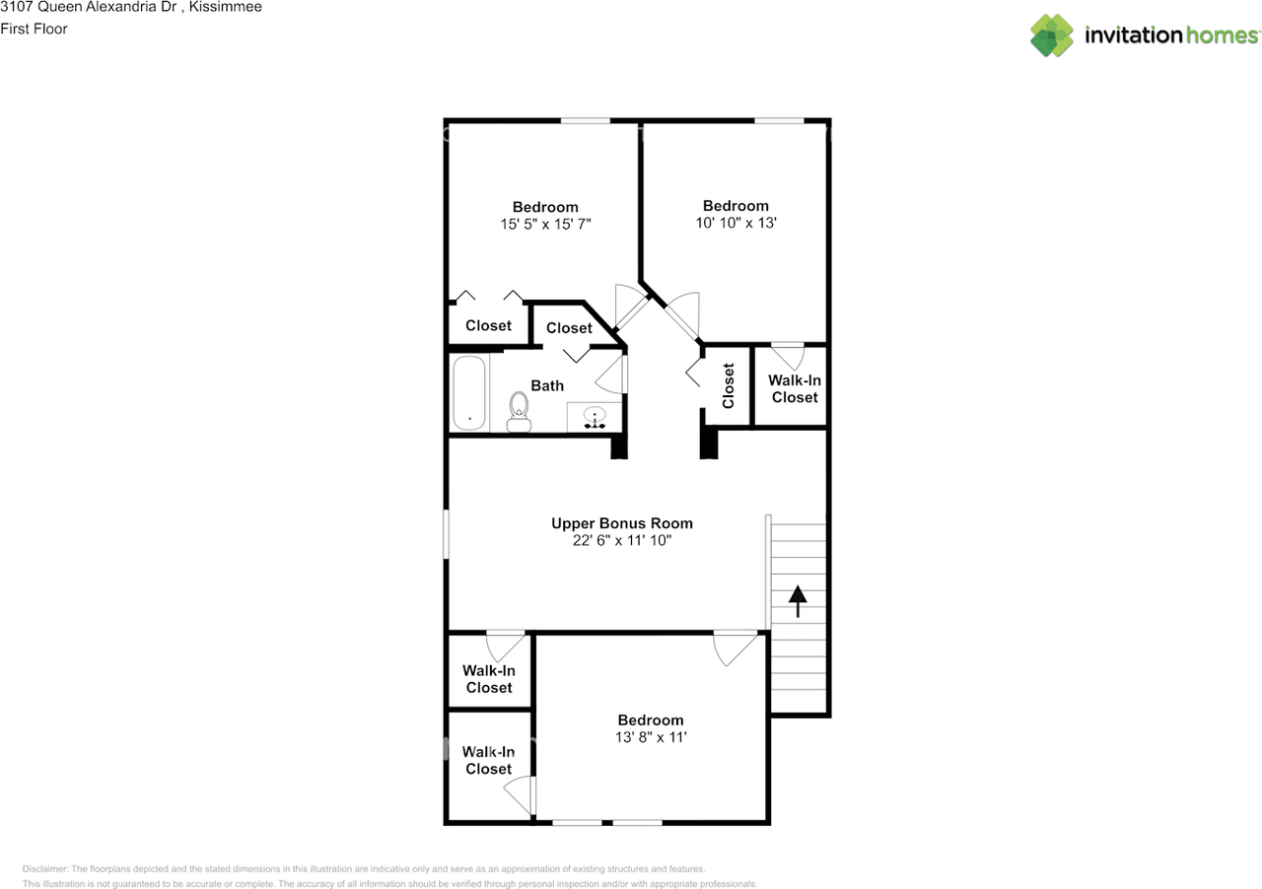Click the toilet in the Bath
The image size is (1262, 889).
[519, 412]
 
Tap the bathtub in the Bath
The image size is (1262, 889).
[469, 392]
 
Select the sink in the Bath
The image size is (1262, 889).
[595, 418]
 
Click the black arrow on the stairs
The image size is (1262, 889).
[798, 601]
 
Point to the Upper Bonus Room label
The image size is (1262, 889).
[622, 523]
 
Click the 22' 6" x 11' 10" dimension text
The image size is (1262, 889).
[622, 540]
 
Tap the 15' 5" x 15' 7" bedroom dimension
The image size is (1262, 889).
[545, 224]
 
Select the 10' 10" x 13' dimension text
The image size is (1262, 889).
[736, 223]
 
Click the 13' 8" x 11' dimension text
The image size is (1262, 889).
[651, 737]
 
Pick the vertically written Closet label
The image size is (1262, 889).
[728, 386]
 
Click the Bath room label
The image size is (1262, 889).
[547, 386]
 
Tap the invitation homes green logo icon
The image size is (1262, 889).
[1052, 34]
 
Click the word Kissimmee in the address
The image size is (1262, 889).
[226, 7]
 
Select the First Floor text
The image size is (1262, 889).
[34, 29]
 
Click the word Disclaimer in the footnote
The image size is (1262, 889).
[45, 868]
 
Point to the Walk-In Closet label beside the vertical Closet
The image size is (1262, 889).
[795, 388]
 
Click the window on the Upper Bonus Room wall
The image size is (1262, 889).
[447, 534]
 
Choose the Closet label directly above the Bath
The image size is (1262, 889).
[569, 328]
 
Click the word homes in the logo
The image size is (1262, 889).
[1222, 34]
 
